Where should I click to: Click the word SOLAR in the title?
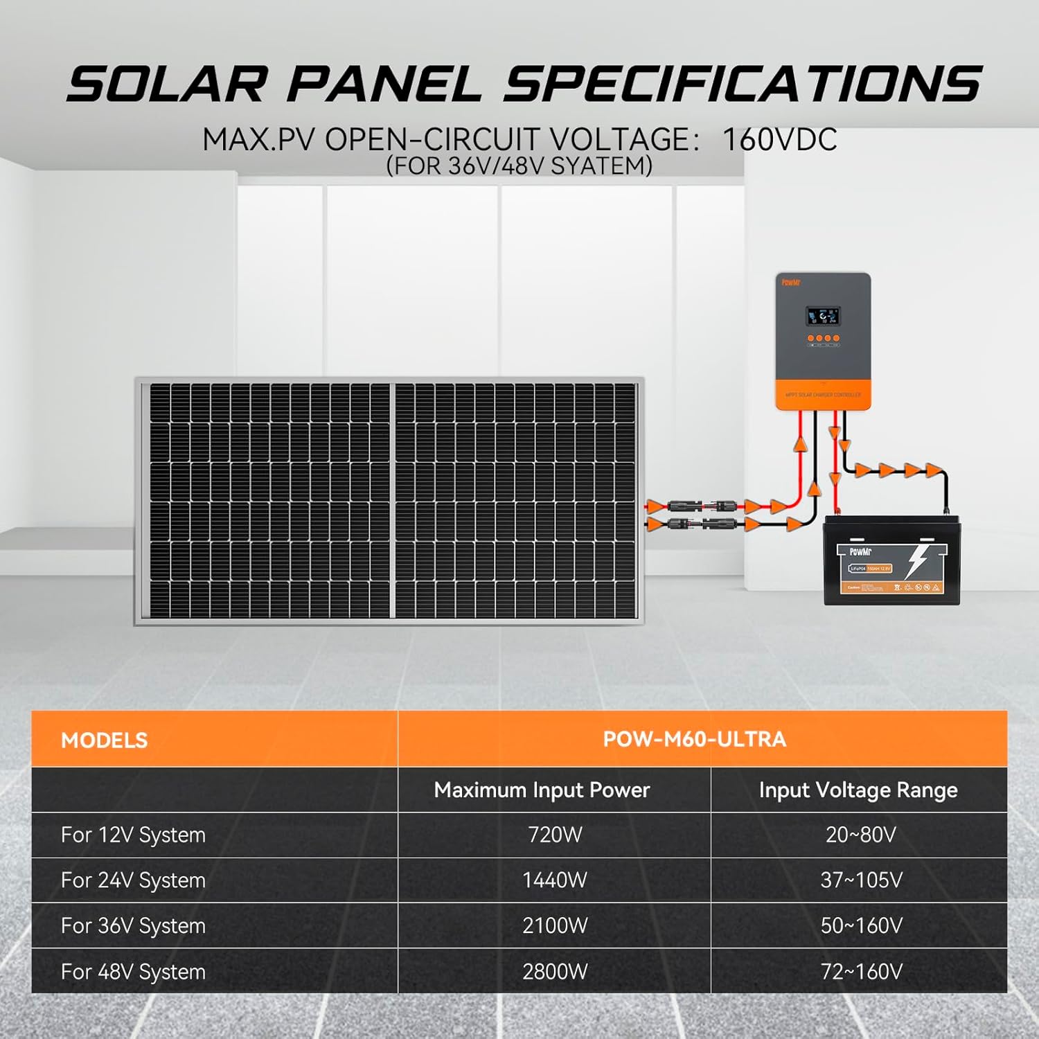coord(166,85)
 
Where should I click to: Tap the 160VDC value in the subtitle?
coord(779,139)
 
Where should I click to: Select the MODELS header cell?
coord(105,740)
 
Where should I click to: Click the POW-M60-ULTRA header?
coord(695,739)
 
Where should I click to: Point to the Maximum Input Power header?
coord(542,790)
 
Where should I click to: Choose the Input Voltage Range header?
coord(858,790)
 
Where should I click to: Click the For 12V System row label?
coord(133,835)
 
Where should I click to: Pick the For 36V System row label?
coord(133,925)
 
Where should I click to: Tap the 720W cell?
coord(555,835)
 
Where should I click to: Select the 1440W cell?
coord(555,880)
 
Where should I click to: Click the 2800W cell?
coord(555,971)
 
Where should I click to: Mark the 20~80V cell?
coord(861,835)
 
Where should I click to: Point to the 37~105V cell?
coord(861,880)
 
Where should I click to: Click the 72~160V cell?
coord(861,971)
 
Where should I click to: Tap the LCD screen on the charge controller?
coord(822,317)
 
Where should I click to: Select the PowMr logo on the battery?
coord(860,552)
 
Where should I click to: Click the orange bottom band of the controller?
coord(822,394)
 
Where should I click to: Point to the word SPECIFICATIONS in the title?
coord(741,85)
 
